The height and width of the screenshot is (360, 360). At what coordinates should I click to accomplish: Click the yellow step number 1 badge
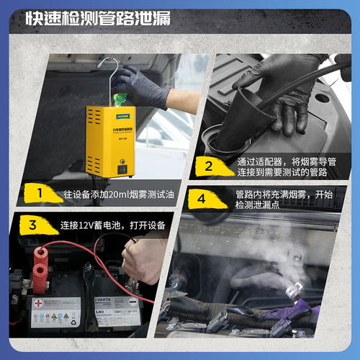(x=41, y=192)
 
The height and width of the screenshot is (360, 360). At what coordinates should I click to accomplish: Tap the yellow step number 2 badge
(x=209, y=167)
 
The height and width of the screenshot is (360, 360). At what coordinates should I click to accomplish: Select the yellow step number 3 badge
(x=32, y=224)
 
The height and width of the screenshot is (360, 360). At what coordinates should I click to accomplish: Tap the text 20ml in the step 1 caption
(x=107, y=193)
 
